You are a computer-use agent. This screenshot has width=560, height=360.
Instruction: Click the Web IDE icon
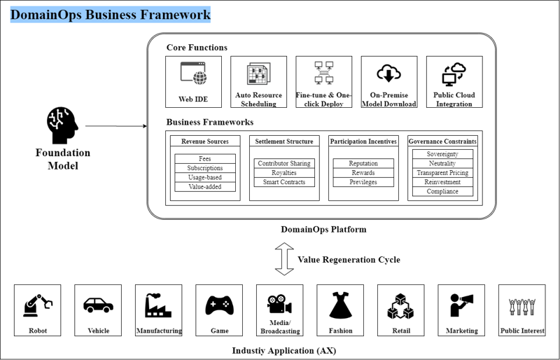193,74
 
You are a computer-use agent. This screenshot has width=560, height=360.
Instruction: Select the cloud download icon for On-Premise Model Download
388,74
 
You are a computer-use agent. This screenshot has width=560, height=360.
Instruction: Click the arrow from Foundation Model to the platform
115,127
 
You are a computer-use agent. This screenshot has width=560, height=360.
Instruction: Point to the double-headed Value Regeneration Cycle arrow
284,260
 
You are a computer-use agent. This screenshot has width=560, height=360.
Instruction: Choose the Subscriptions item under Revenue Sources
204,168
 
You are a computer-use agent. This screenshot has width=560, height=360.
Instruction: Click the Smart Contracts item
284,182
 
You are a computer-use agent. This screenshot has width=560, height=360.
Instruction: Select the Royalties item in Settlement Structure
284,173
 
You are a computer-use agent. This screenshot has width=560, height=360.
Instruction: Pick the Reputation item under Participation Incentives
363,163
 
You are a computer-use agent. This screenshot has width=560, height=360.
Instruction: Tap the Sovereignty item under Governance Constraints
442,154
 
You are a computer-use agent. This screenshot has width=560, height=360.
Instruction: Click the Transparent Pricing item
442,173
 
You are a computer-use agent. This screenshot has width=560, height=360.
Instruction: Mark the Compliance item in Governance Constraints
442,191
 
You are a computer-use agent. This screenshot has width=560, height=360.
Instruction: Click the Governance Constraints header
442,141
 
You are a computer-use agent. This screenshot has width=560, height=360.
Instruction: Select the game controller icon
219,305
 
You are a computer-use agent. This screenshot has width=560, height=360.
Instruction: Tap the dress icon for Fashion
340,305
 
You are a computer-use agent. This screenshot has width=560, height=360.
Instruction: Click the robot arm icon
37,305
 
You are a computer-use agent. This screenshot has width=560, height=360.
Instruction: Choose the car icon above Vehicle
98,305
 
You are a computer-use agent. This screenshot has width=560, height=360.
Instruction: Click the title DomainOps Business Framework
111,15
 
